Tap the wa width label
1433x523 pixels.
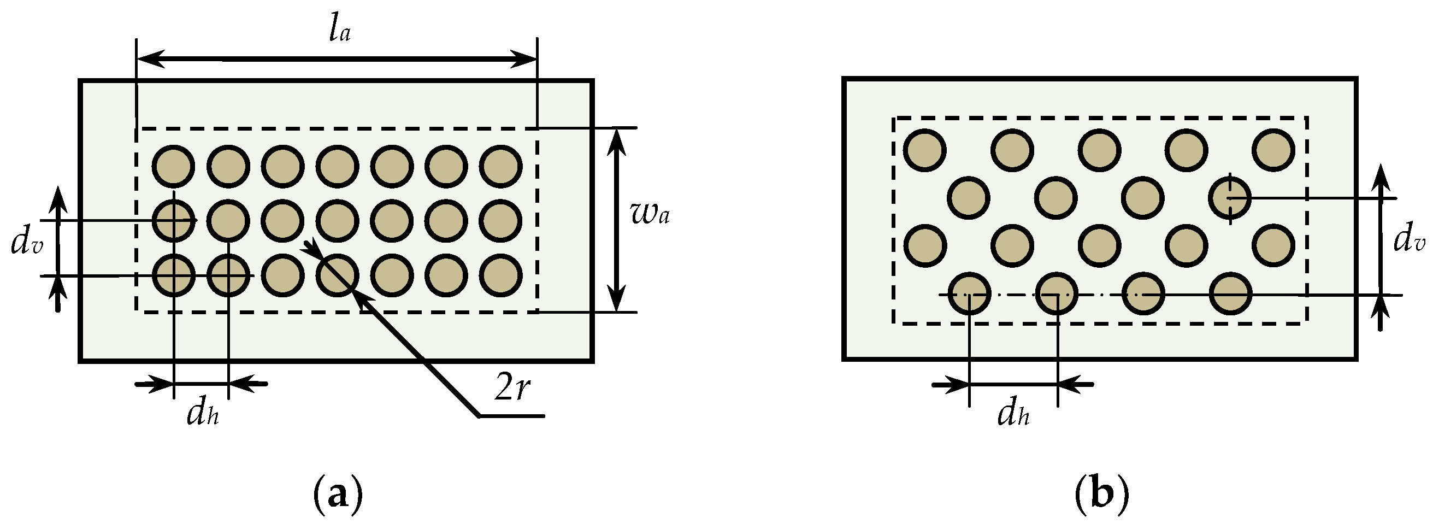tap(650, 214)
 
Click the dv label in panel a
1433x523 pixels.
tap(26, 244)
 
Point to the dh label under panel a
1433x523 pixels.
tap(203, 413)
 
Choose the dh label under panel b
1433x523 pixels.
tap(1013, 413)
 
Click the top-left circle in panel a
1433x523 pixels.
tap(174, 166)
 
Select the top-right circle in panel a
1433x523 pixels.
tap(501, 166)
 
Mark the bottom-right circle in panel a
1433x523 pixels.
tap(501, 275)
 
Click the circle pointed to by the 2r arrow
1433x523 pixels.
tap(337, 275)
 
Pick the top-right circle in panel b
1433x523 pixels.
tap(1274, 150)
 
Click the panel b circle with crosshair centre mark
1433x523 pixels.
tap(1230, 198)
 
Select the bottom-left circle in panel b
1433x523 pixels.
tap(969, 294)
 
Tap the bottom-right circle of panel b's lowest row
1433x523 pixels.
tap(1230, 294)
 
